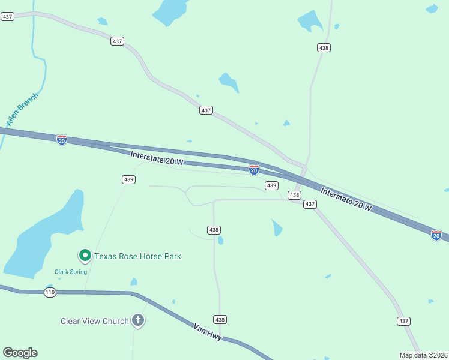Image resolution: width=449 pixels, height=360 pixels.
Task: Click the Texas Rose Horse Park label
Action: coord(137,256)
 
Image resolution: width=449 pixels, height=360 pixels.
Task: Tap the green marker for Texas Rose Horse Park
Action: coord(85,256)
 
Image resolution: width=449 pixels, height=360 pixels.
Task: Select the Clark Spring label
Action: coord(71,272)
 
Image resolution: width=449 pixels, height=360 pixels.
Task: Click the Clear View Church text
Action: coord(95,321)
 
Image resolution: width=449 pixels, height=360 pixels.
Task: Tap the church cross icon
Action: coord(138,320)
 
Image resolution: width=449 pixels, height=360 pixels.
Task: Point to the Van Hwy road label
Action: coord(208,332)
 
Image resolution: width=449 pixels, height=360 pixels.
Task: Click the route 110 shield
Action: coord(50,292)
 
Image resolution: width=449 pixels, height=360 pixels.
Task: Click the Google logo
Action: coord(20,352)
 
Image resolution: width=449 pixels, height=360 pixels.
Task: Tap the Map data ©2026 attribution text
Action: coord(423,355)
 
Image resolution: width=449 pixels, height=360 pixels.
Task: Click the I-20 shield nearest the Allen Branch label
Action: coord(62,140)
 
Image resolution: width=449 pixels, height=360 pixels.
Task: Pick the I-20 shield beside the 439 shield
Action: coord(254,170)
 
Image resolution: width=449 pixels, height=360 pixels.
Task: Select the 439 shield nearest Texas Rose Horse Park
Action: coord(128,179)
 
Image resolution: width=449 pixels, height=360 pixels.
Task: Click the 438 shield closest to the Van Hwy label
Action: coord(220,319)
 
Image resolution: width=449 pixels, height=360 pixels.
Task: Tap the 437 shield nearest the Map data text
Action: coord(403,321)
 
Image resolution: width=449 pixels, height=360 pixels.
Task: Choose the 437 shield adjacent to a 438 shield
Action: coord(310,204)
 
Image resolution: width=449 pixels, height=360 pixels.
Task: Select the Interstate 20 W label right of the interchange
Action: coord(346,199)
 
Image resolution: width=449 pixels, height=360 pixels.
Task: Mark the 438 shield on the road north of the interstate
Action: coord(324,47)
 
